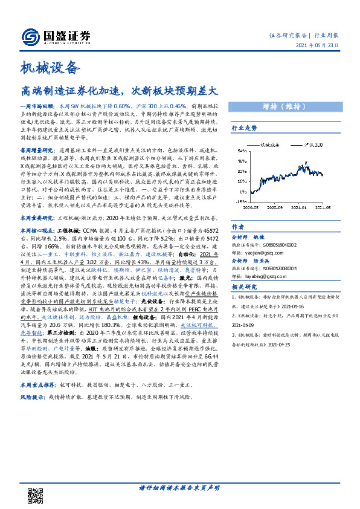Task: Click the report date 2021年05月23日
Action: pos(318,46)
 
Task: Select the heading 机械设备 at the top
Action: pos(51,67)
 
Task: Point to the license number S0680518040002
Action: pos(275,245)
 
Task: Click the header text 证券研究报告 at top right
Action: pos(288,36)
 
